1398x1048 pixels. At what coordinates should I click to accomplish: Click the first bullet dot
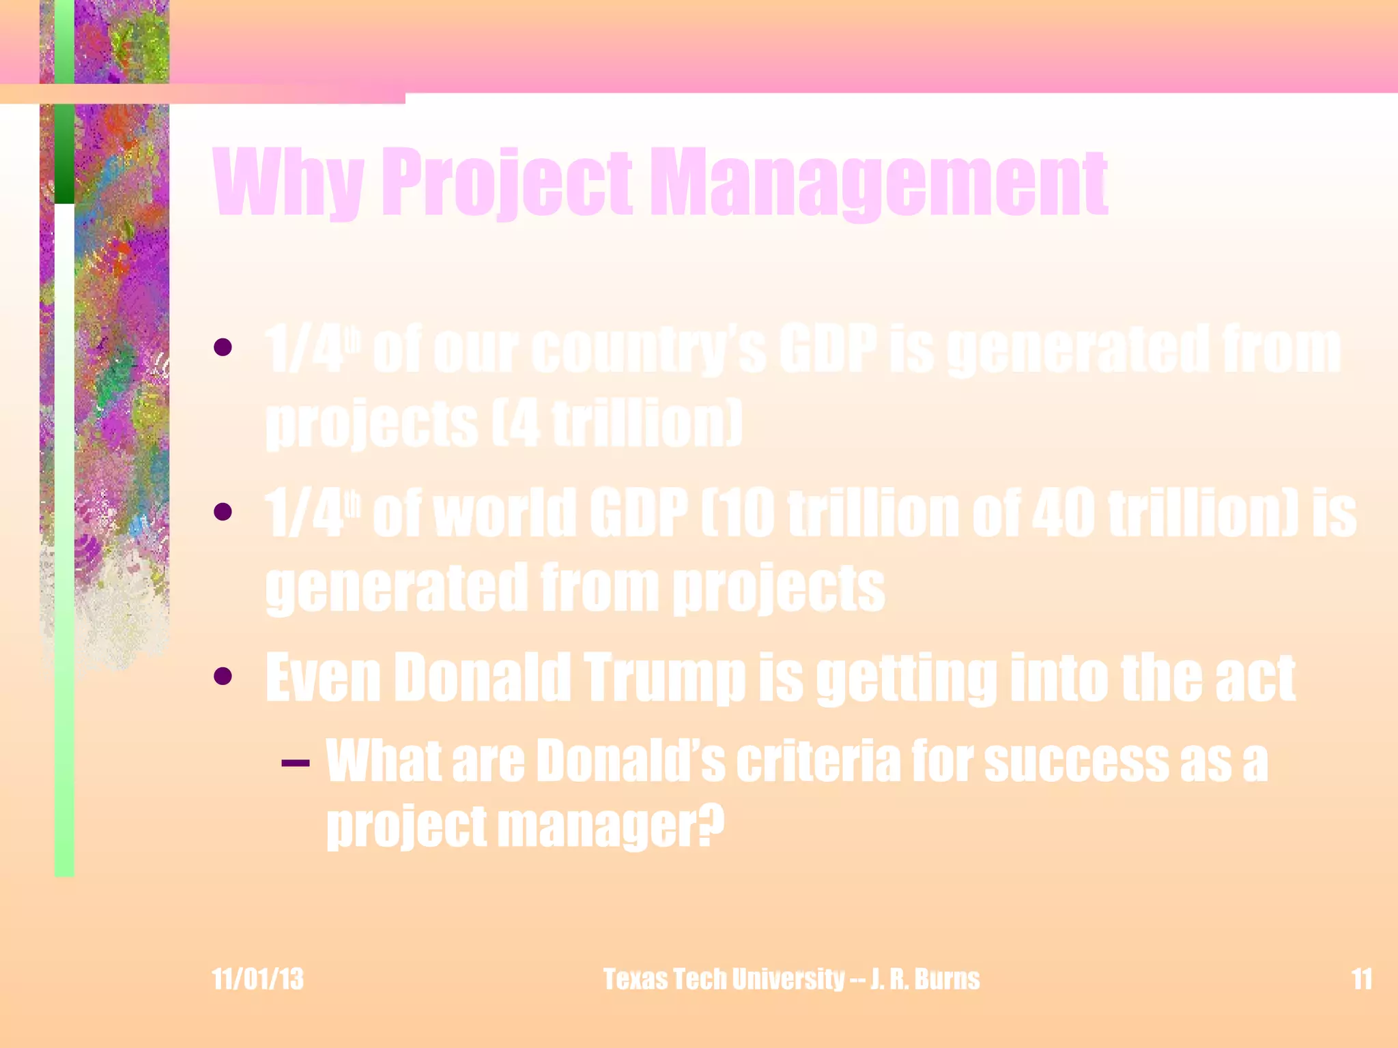tap(223, 348)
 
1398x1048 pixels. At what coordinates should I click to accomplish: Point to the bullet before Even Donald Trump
tap(223, 676)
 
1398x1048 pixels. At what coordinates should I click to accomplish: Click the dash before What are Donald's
tap(295, 762)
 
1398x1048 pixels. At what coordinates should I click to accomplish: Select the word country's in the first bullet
tap(648, 349)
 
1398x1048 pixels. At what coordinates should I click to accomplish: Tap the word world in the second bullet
tap(505, 513)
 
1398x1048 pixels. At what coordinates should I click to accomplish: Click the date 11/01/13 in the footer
tap(257, 979)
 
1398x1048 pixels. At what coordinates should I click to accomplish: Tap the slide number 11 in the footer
tap(1362, 979)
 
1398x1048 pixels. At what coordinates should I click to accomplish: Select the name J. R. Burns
tap(924, 979)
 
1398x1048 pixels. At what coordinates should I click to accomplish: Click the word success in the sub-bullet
tap(1076, 761)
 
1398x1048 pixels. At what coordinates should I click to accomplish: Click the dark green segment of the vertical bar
tap(64, 154)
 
